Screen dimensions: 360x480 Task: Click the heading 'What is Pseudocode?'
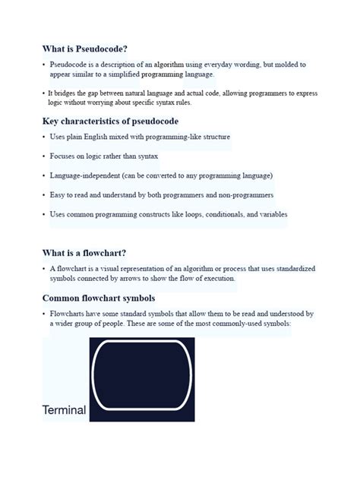pos(84,48)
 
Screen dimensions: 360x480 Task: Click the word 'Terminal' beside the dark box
pos(64,411)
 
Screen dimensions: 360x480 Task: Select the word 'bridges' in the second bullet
pos(68,93)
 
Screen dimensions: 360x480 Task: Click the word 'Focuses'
pos(63,156)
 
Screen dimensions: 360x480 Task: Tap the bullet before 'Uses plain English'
pos(43,137)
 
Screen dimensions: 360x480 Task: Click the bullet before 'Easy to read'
pos(43,195)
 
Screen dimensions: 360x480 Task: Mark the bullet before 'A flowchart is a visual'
pos(43,270)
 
